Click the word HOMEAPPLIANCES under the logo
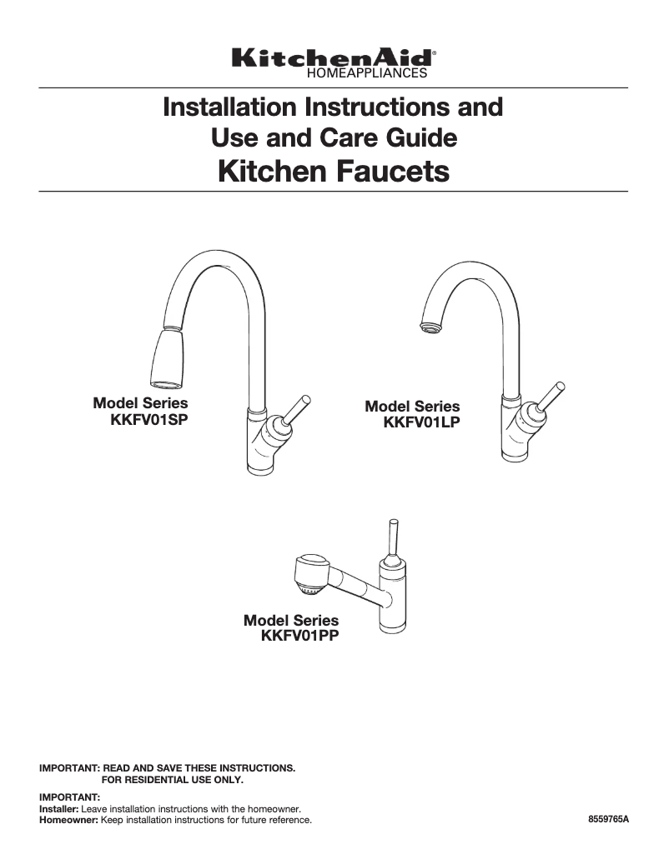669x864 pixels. (x=368, y=73)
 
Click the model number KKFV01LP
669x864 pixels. (x=422, y=422)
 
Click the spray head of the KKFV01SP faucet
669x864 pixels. (x=167, y=359)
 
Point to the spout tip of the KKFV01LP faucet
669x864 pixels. (x=430, y=327)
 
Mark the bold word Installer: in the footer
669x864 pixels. (x=59, y=809)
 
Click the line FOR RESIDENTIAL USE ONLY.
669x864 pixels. (x=172, y=780)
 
